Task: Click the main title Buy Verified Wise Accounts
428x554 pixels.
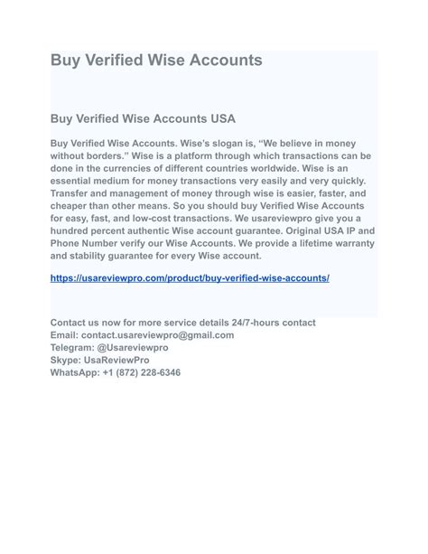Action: [156, 61]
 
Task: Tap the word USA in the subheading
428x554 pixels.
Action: [220, 118]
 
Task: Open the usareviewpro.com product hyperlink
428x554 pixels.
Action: [190, 277]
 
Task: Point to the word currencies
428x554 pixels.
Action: [147, 168]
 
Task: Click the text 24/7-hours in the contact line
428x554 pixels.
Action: [253, 323]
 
